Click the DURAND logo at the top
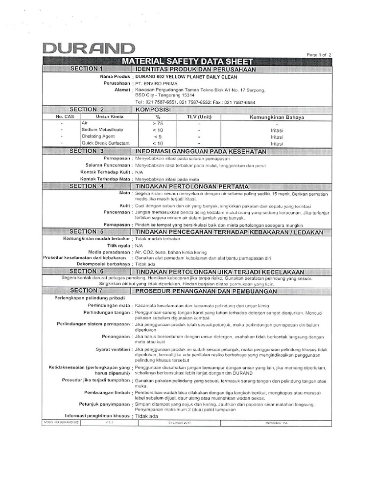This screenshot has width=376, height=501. click(x=88, y=48)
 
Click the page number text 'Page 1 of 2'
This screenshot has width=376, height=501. click(x=319, y=55)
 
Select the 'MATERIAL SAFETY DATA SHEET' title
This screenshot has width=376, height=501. click(x=189, y=62)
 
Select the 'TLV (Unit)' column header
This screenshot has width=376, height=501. click(x=199, y=117)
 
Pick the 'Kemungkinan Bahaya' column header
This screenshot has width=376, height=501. click(x=277, y=117)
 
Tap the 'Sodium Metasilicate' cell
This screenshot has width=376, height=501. click(x=102, y=130)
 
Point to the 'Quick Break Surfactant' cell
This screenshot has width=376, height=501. click(x=105, y=143)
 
